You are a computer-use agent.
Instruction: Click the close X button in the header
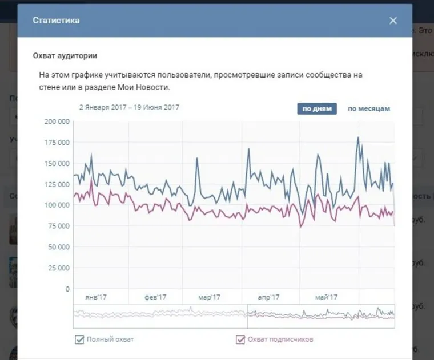(x=393, y=21)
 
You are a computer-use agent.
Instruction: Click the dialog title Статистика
(x=56, y=21)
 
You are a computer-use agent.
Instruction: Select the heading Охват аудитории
(x=65, y=56)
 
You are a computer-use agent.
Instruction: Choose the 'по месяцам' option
(x=369, y=109)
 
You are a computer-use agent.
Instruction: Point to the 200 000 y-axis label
(x=56, y=122)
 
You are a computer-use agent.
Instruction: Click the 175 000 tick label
(x=56, y=143)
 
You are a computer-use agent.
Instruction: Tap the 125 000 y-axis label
(x=56, y=184)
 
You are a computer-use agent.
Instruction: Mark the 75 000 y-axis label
(x=58, y=226)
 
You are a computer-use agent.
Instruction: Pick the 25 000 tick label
(x=58, y=268)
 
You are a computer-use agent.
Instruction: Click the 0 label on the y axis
(x=66, y=289)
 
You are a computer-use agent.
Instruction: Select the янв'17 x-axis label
(x=96, y=297)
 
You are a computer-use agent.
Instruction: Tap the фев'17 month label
(x=155, y=297)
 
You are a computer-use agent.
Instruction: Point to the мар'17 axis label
(x=209, y=297)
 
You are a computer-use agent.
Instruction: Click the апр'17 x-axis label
(x=268, y=297)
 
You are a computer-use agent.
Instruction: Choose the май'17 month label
(x=326, y=297)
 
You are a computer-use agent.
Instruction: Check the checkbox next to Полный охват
(x=79, y=340)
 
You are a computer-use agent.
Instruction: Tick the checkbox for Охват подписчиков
(x=240, y=340)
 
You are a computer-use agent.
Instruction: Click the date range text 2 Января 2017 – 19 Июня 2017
(x=130, y=107)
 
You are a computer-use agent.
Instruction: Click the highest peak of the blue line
(x=357, y=137)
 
